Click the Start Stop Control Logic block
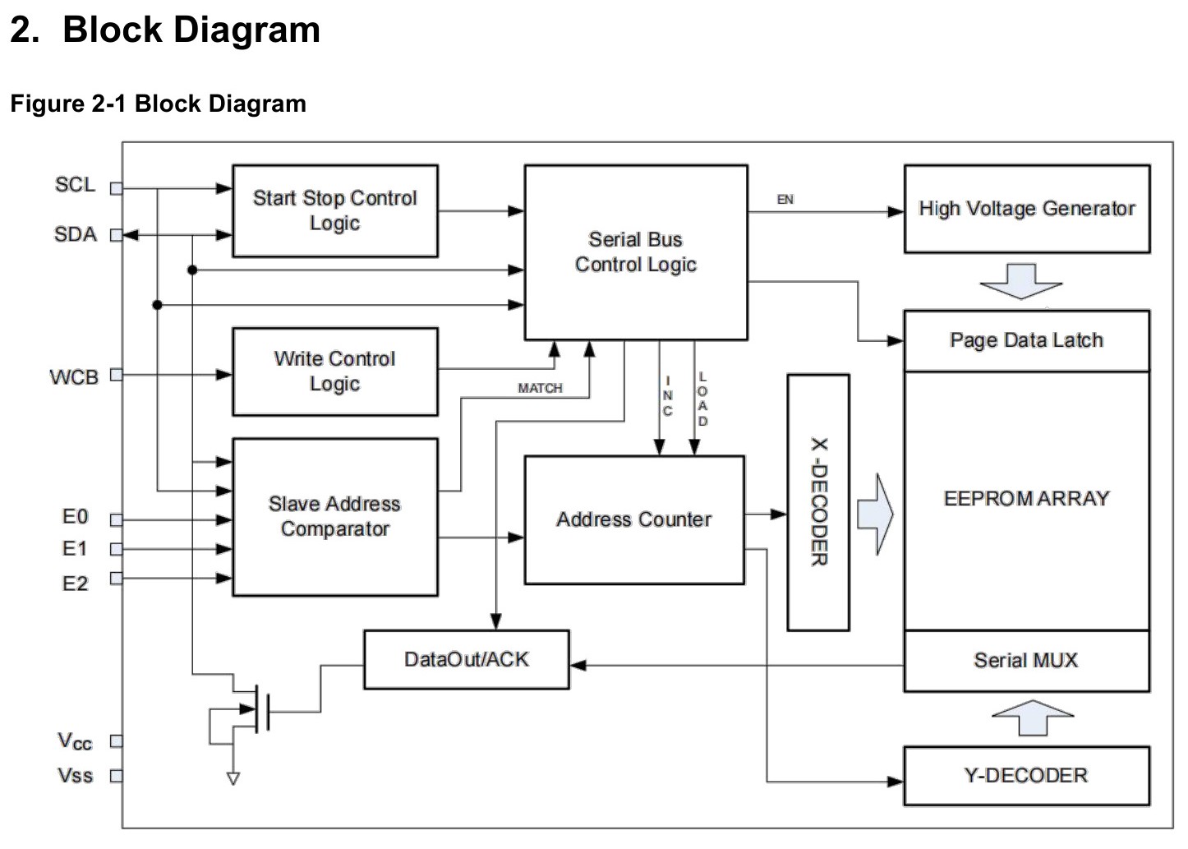coord(335,210)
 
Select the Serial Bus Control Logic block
coord(636,252)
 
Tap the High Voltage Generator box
coord(1027,209)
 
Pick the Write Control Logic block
coord(335,371)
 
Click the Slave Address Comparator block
coord(335,517)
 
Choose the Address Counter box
coord(634,520)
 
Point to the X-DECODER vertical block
coord(818,502)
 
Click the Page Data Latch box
coord(1027,340)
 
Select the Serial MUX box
coord(1027,661)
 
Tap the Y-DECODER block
coord(1027,776)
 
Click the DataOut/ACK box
coord(467,660)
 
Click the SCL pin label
coord(76,185)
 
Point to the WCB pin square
coord(116,375)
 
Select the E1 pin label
coord(75,549)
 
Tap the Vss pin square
coord(116,777)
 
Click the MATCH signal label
coord(540,389)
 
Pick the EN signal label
coord(785,200)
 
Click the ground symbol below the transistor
coord(233,778)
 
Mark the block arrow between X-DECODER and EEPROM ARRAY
coord(876,514)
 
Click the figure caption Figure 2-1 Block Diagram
coord(158,104)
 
